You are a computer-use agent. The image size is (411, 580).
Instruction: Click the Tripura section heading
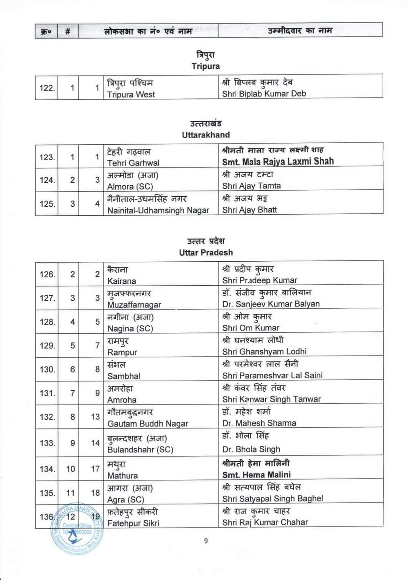pos(205,66)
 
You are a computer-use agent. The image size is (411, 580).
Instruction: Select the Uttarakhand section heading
pos(205,135)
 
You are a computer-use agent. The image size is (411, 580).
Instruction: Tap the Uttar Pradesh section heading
pos(205,253)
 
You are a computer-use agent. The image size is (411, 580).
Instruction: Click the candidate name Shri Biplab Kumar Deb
pos(264,94)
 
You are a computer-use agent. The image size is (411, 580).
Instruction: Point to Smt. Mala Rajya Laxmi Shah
pos(278,161)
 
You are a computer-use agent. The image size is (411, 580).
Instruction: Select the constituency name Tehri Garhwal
pos(133,163)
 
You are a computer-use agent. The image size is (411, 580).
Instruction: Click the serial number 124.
pos(47,180)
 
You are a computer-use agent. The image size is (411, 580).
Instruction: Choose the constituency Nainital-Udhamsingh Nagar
pos(158,210)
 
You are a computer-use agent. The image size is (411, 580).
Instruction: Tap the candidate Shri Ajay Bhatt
pos(250,210)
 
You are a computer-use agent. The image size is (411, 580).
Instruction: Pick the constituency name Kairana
pos(121,281)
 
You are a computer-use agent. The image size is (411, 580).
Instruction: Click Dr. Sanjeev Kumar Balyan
pos(271,304)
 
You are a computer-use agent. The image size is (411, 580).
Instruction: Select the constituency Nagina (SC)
pos(130,329)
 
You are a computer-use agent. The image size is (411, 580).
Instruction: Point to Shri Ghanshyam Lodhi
pos(264,351)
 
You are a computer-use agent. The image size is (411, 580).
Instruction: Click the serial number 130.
pos(47,369)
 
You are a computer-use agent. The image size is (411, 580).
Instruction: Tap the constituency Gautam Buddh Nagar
pos(148,424)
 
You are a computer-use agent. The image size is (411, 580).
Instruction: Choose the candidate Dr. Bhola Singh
pos(251,449)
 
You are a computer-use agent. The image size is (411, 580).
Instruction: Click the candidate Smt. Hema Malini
pos(256,475)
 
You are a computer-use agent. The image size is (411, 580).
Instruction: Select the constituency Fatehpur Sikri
pos(133,523)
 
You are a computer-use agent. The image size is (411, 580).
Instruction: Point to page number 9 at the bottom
pos(206,540)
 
